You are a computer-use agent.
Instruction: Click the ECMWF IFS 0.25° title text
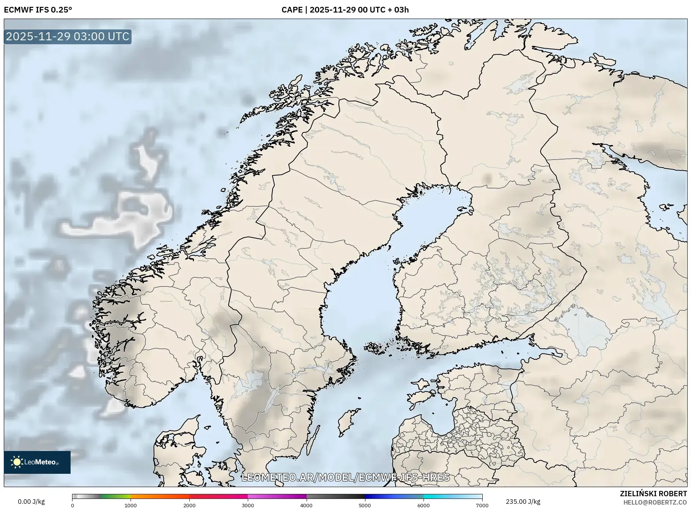[38, 10]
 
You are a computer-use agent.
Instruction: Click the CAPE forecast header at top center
[345, 10]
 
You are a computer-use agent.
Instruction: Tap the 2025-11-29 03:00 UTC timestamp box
[68, 36]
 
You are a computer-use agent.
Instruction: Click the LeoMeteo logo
[37, 462]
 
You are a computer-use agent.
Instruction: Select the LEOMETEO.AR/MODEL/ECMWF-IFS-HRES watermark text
[345, 477]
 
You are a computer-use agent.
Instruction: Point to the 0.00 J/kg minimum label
[31, 502]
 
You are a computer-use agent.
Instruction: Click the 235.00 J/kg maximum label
[523, 502]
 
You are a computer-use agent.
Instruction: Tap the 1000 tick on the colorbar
[131, 505]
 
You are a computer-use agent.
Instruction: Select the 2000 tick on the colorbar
[189, 505]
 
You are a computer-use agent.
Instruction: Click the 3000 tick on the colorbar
[248, 505]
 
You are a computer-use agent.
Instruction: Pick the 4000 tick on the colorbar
[306, 505]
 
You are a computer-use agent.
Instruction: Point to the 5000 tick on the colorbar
[365, 505]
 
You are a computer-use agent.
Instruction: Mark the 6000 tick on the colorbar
[423, 505]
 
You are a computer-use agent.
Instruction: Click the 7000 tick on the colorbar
[482, 505]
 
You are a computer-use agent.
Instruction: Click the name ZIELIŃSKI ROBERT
[653, 494]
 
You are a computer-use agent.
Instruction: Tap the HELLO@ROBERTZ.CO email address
[655, 502]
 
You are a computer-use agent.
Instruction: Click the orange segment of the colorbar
[159, 496]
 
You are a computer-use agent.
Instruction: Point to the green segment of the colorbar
[116, 496]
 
